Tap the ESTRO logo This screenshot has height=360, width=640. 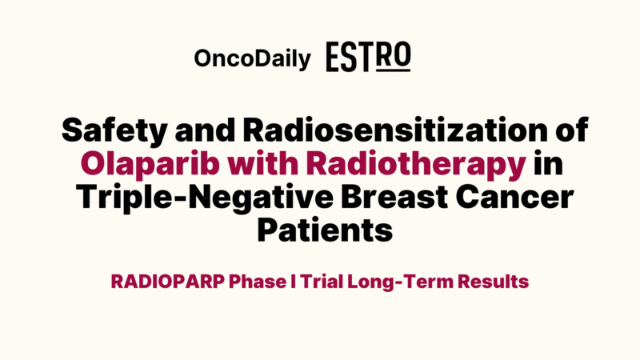coord(368,58)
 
